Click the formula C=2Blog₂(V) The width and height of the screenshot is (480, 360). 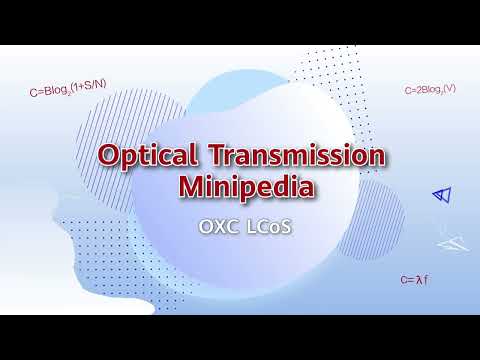[x=431, y=90]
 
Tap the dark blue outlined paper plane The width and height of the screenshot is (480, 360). [x=437, y=195]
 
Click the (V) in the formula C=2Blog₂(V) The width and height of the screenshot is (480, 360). [x=450, y=90]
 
